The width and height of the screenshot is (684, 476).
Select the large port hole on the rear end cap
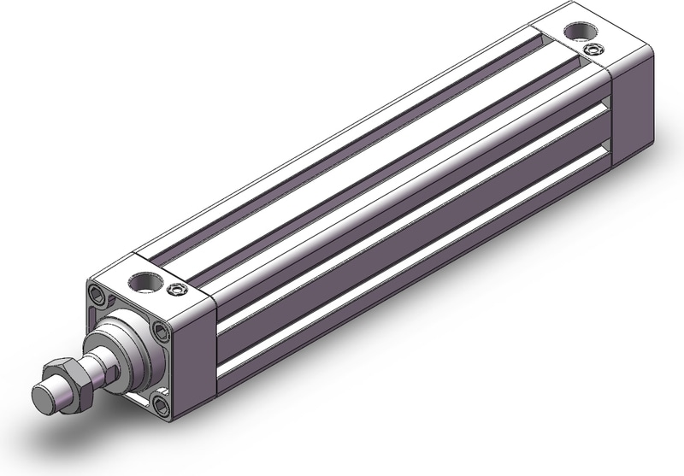click(578, 31)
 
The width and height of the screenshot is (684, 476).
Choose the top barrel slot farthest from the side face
click(342, 145)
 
